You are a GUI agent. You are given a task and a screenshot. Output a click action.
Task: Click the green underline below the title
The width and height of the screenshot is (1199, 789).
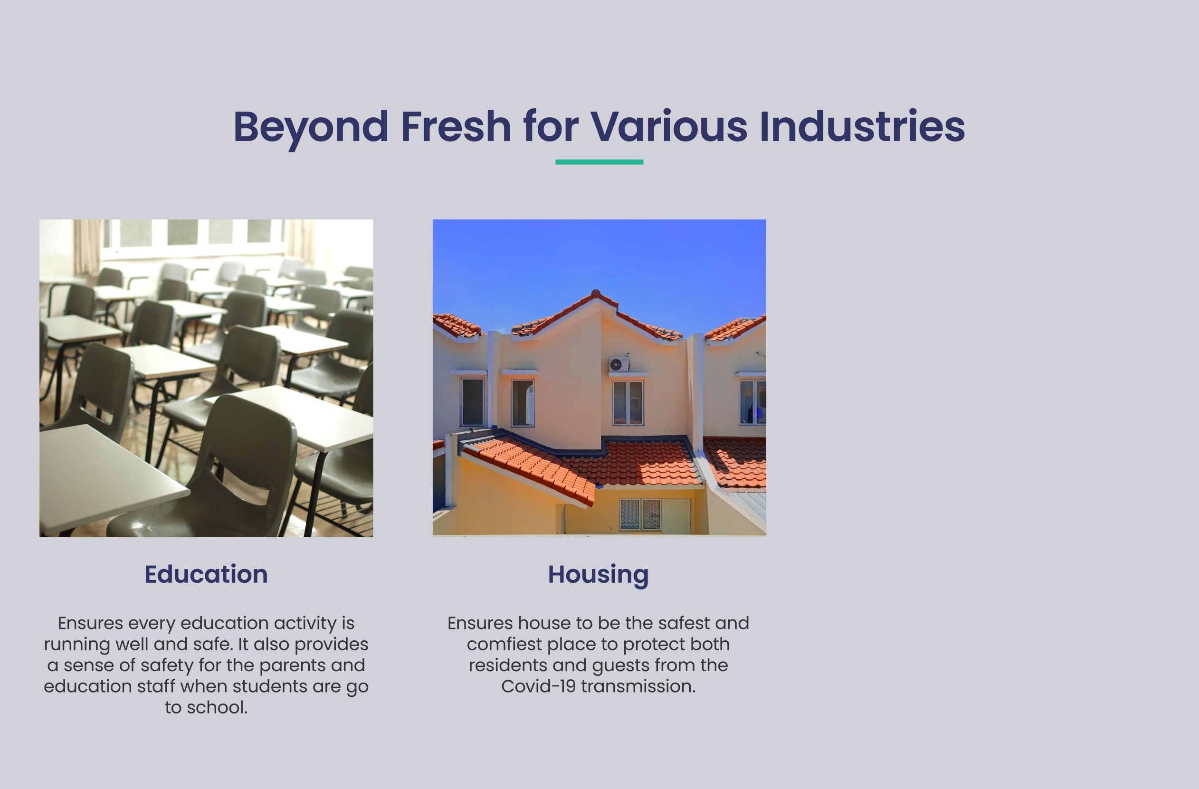point(599,162)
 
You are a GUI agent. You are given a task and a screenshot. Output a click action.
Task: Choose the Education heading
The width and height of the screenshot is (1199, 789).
point(206,574)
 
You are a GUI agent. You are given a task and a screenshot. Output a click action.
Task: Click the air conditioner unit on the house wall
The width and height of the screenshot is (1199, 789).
point(619,364)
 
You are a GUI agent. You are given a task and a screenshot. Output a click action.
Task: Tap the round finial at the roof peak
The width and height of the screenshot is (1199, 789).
point(596,293)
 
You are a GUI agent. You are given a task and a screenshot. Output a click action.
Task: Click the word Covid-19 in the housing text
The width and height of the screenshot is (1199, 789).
point(539,686)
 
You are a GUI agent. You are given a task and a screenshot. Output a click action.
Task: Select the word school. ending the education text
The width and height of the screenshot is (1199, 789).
point(217,707)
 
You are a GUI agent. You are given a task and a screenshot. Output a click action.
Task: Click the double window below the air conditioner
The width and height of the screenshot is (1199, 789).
point(628,402)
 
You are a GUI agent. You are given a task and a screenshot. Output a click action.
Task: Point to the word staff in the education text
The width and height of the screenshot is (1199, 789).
point(153,686)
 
